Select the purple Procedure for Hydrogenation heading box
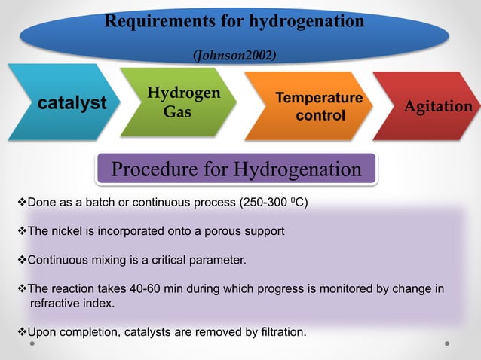coord(236,169)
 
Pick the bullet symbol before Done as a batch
coord(21,204)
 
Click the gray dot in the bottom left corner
coord(32,344)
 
